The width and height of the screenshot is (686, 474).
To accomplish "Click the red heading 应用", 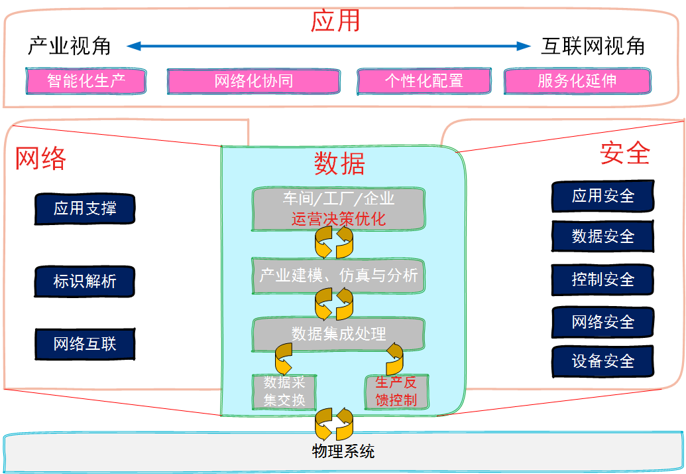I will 335,21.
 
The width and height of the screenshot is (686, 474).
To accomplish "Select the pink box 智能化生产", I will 86,81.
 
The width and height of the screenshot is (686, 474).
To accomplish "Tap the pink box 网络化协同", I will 253,82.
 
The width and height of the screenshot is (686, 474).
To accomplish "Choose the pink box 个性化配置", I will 424,81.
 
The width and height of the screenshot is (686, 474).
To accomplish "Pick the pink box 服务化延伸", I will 577,81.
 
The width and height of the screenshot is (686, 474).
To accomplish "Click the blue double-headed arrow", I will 329,46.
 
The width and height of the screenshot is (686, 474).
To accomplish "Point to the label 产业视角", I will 69,46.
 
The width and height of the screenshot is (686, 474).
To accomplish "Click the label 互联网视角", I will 593,46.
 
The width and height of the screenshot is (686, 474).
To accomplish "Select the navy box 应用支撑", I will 85,208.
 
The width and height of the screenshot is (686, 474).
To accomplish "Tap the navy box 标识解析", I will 85,281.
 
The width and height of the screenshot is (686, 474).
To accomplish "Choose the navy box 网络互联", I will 85,344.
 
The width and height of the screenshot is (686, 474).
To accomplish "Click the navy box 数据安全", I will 603,236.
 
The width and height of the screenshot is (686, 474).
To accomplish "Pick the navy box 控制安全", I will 603,279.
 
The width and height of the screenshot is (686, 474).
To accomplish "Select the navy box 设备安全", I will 603,361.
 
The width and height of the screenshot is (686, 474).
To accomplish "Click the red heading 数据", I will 339,163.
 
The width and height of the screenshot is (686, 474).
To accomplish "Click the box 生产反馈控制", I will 396,392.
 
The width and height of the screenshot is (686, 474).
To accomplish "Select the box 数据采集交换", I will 284,392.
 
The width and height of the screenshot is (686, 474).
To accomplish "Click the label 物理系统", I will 343,452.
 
